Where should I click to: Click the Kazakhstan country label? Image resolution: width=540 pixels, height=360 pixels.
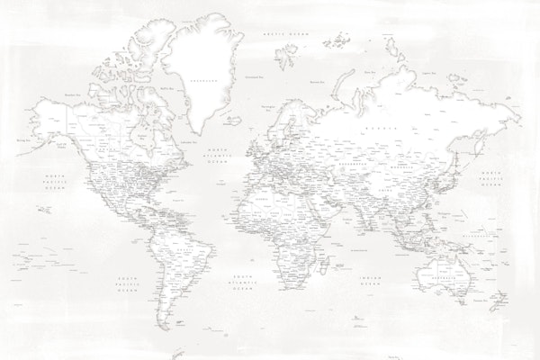click(x=353, y=166)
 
